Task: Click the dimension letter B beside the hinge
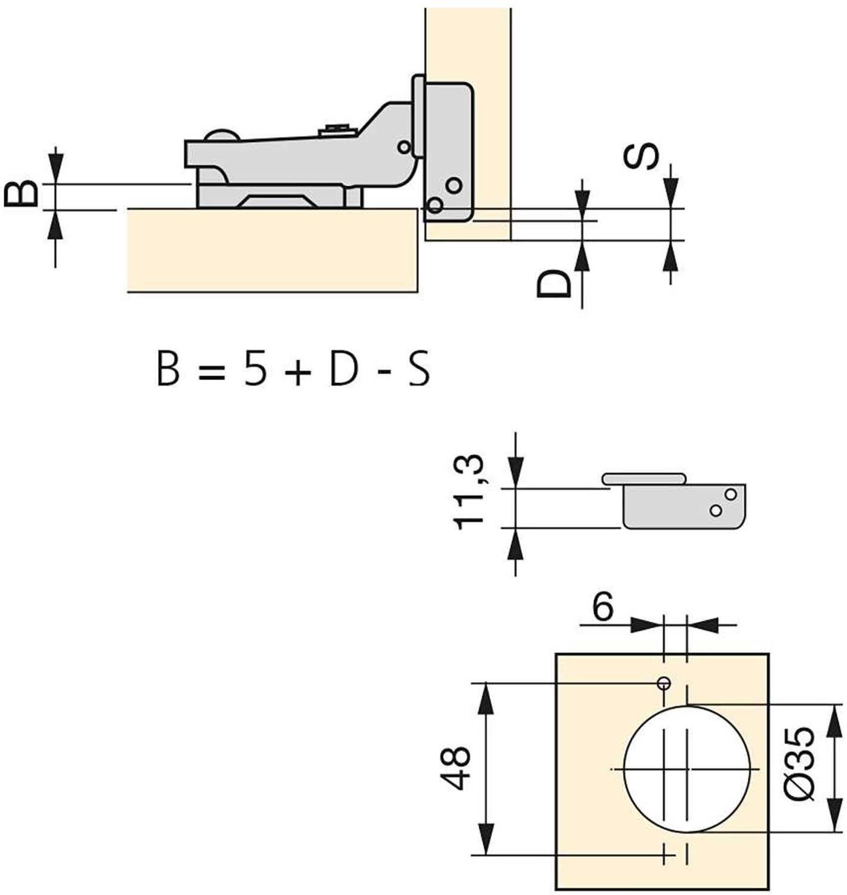[x=21, y=193]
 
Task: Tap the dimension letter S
[x=640, y=156]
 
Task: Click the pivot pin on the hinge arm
[x=404, y=147]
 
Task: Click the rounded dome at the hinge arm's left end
[x=221, y=135]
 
